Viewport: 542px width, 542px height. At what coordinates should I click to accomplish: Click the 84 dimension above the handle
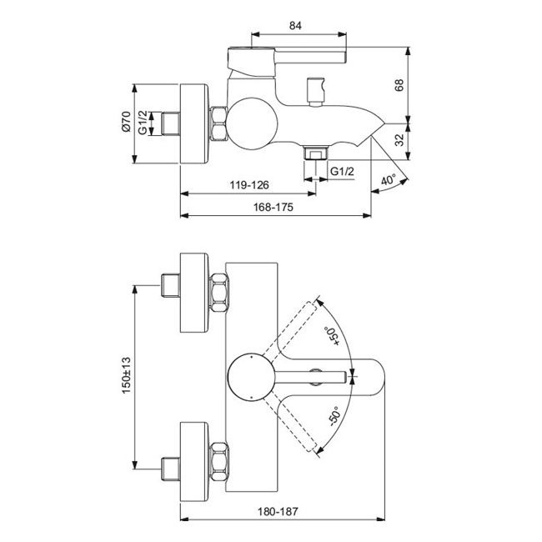295,26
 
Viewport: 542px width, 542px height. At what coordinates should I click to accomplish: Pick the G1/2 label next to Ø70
143,124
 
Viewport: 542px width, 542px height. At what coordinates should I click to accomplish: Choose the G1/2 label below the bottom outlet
343,172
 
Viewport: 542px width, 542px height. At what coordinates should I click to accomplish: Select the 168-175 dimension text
274,209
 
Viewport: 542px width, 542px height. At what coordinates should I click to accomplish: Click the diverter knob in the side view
316,90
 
